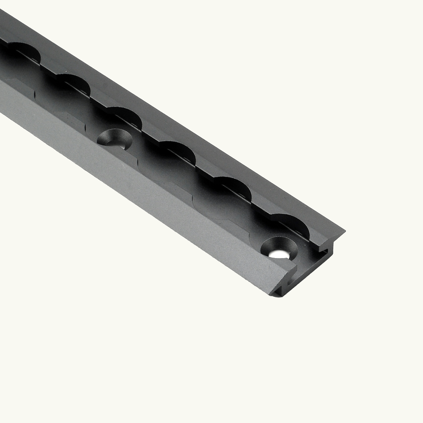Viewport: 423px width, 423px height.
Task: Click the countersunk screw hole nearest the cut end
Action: coord(278,249)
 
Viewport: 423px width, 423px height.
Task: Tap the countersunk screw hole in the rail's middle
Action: coord(113,139)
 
